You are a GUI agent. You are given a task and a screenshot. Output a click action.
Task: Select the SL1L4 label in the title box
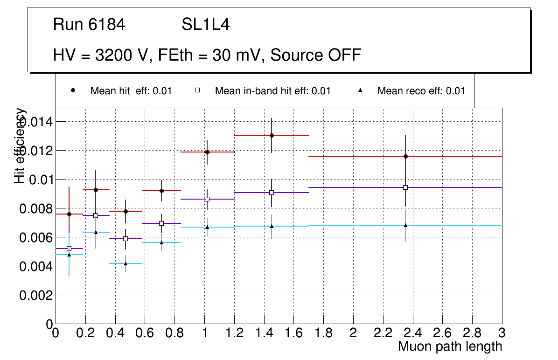(x=205, y=25)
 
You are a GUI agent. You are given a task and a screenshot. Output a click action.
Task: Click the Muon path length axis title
(x=450, y=346)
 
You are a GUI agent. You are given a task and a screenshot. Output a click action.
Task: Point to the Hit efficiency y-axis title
(x=20, y=145)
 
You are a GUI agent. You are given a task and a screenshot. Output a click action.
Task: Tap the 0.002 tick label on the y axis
(x=35, y=295)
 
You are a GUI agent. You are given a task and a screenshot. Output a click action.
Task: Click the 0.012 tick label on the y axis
(x=35, y=151)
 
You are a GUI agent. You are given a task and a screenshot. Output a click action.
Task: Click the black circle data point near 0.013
(x=272, y=135)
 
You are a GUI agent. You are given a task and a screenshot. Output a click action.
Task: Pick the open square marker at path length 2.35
(x=405, y=187)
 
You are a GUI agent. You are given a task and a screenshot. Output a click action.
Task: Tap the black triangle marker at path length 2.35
(x=405, y=225)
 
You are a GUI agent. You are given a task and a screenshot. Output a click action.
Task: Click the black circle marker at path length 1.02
(x=207, y=152)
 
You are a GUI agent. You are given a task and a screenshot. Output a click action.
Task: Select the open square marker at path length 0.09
(x=69, y=249)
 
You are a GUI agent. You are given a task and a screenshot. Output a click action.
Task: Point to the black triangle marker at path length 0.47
(x=126, y=263)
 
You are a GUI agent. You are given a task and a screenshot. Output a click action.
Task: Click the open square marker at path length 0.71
(x=161, y=223)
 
